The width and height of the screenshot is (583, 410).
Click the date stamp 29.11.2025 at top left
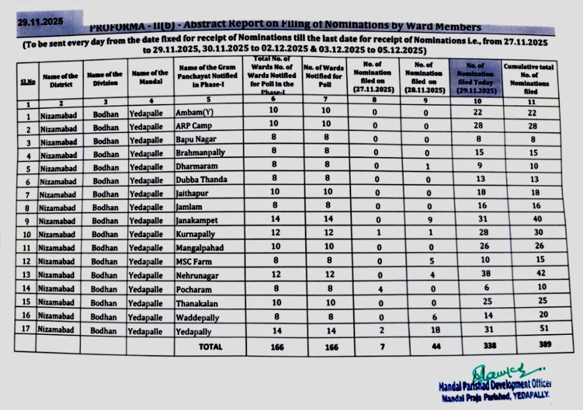coord(41,21)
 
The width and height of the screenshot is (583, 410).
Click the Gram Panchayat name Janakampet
coord(197,220)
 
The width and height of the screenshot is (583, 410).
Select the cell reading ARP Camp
coord(194,126)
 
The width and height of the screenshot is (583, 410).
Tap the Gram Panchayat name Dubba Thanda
coord(201,179)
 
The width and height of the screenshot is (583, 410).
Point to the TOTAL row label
coord(210,347)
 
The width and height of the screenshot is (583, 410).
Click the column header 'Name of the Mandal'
coord(150,77)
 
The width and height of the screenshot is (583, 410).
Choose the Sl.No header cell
coord(26,82)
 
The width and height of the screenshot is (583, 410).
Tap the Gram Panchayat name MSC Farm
coord(194,261)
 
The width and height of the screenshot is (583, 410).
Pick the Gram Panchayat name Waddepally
coord(197,318)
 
